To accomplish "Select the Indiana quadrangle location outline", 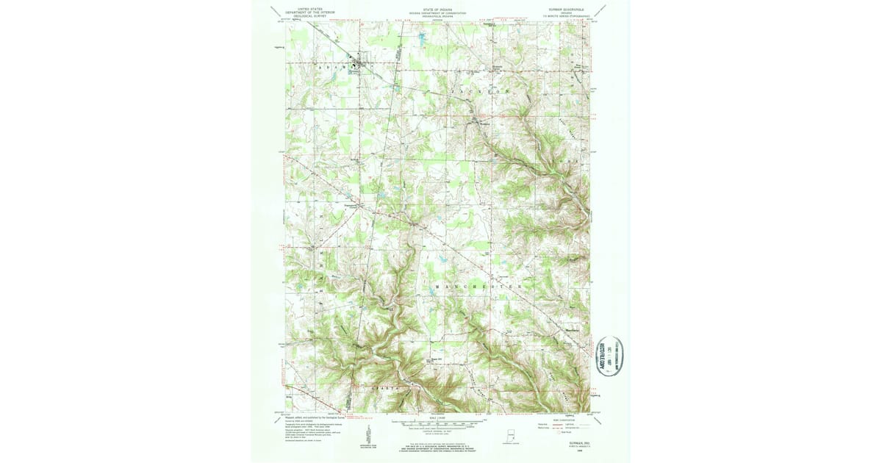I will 509,434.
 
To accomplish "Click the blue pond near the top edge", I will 422,36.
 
